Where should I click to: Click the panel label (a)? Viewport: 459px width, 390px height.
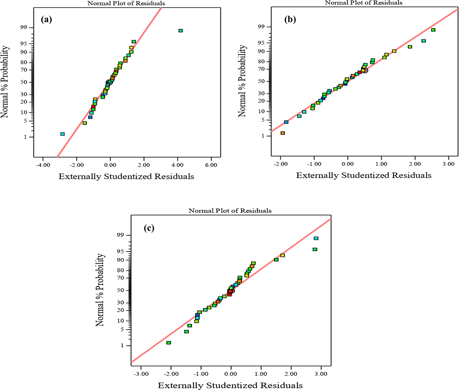(46, 20)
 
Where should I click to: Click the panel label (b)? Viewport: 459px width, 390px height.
(290, 20)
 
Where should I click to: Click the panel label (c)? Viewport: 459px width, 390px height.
(149, 228)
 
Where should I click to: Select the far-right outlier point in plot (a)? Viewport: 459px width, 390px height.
(181, 31)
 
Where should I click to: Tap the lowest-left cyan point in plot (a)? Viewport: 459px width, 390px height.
(63, 134)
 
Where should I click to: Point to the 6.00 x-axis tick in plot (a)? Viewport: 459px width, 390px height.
(211, 165)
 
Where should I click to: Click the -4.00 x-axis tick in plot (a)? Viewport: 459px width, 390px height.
(43, 165)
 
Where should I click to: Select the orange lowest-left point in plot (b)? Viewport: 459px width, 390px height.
(283, 133)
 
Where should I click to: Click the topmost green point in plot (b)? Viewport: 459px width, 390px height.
(433, 30)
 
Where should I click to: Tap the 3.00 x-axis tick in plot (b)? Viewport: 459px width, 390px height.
(448, 164)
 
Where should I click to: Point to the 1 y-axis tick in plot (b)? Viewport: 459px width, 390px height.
(263, 136)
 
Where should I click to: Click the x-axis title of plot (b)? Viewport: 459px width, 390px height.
(364, 175)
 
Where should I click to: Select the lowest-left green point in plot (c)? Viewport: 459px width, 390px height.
(169, 343)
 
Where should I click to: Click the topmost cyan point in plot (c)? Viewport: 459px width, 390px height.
(316, 238)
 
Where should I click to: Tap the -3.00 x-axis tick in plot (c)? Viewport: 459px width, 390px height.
(141, 374)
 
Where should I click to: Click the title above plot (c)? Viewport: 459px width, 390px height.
(230, 211)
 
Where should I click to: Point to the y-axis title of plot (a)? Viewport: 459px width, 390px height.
(5, 82)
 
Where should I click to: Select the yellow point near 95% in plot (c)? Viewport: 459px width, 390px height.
(283, 255)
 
